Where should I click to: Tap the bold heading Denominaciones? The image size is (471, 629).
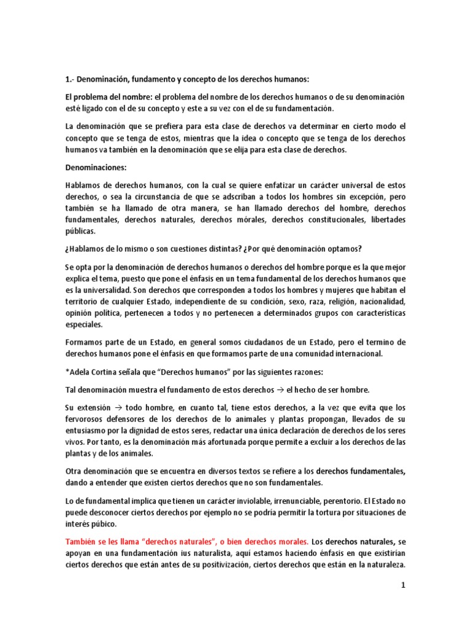point(93,167)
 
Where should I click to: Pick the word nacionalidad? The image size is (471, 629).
point(379,302)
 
